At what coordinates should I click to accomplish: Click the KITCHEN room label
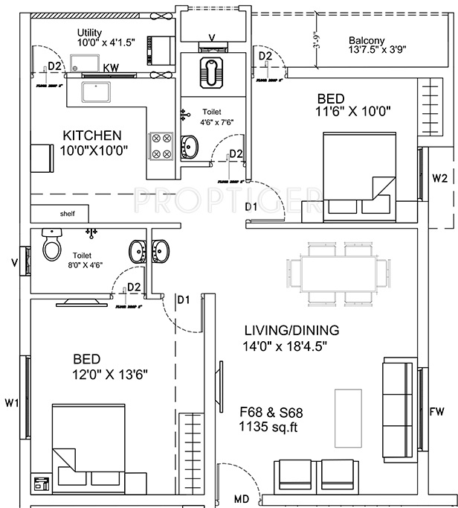(91, 136)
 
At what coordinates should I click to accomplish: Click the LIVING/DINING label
(291, 329)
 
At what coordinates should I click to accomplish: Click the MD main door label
(242, 498)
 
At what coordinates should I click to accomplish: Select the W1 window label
(11, 403)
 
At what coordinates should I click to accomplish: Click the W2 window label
(440, 178)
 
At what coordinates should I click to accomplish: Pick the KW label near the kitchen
(112, 68)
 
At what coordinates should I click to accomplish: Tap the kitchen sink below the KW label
(97, 92)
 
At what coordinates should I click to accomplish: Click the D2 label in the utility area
(53, 66)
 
